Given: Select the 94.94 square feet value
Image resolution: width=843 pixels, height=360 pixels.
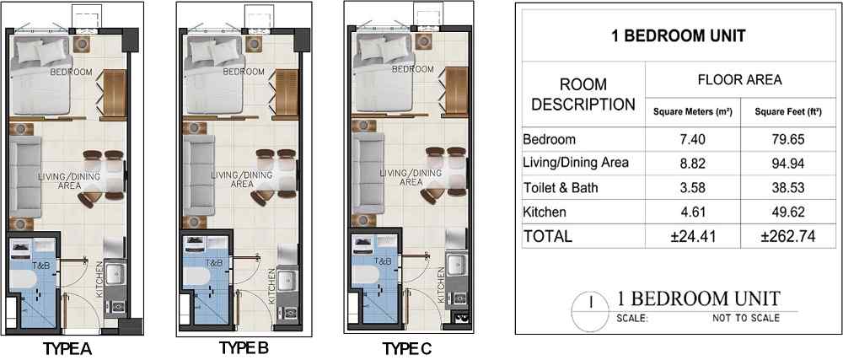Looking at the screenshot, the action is tap(791, 164).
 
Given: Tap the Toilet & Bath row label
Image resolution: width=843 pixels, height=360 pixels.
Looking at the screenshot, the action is tap(561, 188).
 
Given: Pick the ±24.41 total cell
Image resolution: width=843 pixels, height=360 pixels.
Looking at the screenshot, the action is tap(692, 236).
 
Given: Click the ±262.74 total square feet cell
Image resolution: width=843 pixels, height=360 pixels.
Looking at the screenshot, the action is tap(791, 236).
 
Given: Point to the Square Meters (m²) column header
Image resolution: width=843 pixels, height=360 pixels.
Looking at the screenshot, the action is tap(692, 113).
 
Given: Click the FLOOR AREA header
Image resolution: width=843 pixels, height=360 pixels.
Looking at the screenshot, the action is tap(740, 80).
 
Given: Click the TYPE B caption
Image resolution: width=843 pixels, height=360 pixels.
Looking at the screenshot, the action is tap(244, 347).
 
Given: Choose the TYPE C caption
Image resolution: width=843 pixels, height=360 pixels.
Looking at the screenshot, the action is tap(407, 349).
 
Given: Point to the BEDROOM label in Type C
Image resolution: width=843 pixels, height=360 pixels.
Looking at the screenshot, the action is tap(413, 69).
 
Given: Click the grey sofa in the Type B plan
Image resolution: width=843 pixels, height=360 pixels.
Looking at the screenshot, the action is tap(199, 175).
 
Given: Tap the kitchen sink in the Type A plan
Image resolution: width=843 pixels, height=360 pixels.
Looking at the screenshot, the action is tap(114, 274).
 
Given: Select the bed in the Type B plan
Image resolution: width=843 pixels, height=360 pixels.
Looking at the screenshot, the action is tap(210, 75).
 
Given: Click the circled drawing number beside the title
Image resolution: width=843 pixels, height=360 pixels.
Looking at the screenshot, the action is tap(592, 311).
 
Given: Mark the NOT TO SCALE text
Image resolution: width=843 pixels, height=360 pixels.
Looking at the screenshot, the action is tap(746, 318).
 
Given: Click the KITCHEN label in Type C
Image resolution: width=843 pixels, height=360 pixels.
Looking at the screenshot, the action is tap(442, 287).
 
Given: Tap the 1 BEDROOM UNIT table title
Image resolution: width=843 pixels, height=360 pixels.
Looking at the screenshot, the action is tap(679, 36).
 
